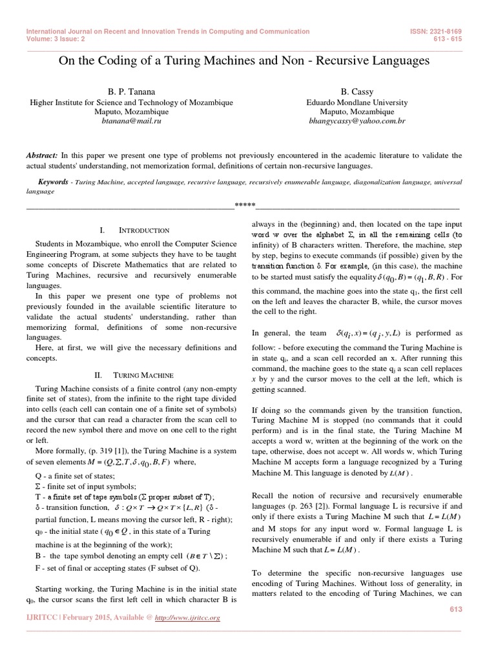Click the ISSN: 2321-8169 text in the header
[435, 31]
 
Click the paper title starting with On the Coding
[243, 61]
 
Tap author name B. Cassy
[357, 92]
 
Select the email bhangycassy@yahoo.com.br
[357, 120]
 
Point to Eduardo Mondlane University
[357, 102]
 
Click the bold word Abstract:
[42, 156]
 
